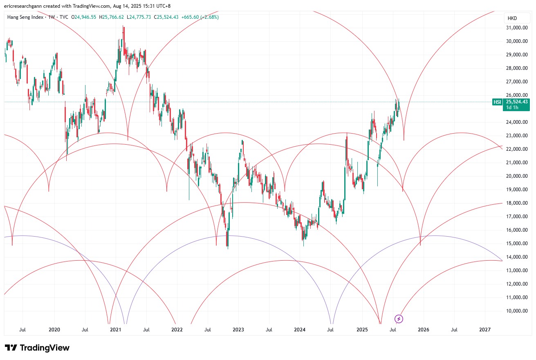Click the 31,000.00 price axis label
pos(516,28)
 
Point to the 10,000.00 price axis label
pos(516,311)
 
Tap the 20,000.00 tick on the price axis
pos(516,176)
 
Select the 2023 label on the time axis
pos(238,329)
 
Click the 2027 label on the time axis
pos(485,329)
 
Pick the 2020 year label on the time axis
pos(54,329)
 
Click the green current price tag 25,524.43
pos(517,102)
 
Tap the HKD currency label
pos(512,18)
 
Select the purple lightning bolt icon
pos(399,319)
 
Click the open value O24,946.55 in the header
pos(84,17)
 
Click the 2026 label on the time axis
pos(423,329)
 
